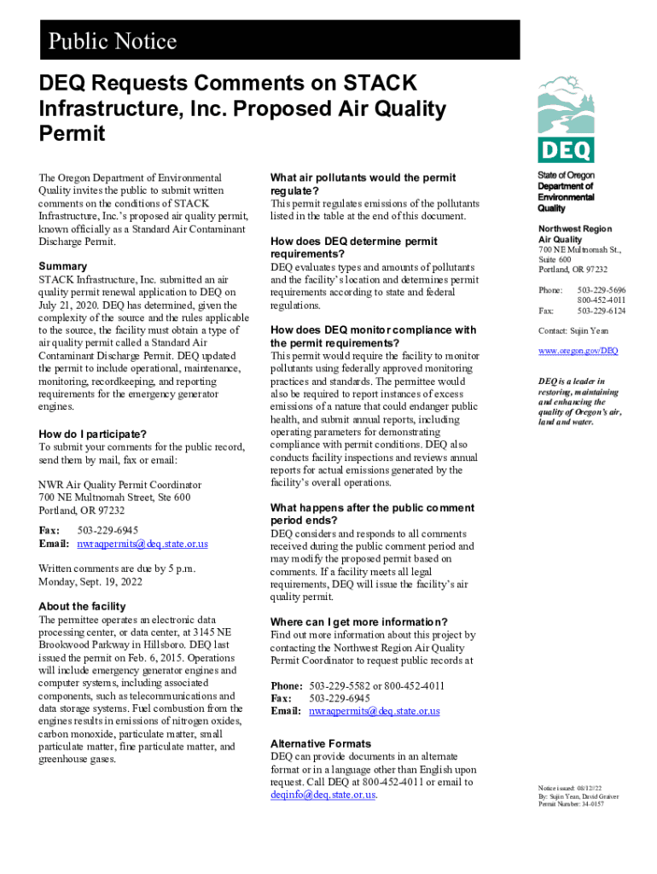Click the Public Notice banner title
click(x=113, y=41)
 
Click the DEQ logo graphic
click(x=566, y=119)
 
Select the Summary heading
click(x=63, y=266)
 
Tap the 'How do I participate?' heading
click(x=93, y=434)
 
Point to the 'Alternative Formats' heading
click(x=321, y=743)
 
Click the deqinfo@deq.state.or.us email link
click(x=323, y=795)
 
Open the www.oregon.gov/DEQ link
click(x=578, y=351)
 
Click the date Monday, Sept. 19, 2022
click(x=90, y=582)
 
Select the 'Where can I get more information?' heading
click(x=359, y=621)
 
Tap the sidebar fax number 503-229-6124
click(x=602, y=312)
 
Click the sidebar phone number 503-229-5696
click(x=602, y=290)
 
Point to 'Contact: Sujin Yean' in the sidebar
click(x=573, y=331)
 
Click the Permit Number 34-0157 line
click(x=571, y=804)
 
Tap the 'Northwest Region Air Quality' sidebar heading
click(x=574, y=235)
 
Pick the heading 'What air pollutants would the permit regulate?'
click(x=363, y=184)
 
